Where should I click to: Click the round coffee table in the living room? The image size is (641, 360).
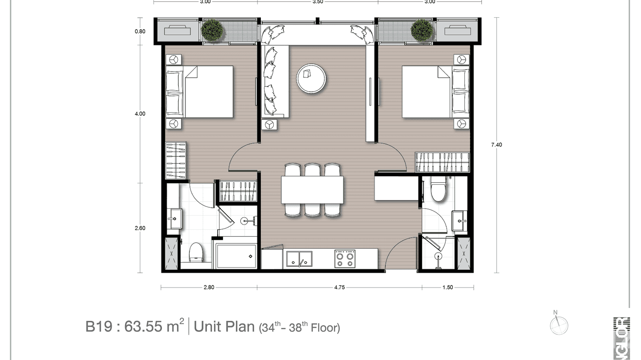[x=311, y=78]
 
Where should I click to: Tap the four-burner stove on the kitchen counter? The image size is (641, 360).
[x=344, y=259]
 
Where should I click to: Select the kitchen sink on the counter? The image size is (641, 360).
[x=299, y=259]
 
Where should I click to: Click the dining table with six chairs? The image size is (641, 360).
[x=312, y=190]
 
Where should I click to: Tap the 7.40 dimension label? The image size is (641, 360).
[x=497, y=145]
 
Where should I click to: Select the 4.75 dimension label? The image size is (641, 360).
[x=340, y=287]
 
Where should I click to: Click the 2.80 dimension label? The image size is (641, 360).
[x=208, y=287]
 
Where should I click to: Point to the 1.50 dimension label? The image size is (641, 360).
[x=448, y=287]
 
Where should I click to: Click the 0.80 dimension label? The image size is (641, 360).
[x=140, y=32]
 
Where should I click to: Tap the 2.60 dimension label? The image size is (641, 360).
[x=140, y=228]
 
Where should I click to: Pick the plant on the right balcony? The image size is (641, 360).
[x=422, y=30]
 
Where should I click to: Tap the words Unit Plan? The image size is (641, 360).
[x=224, y=327]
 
